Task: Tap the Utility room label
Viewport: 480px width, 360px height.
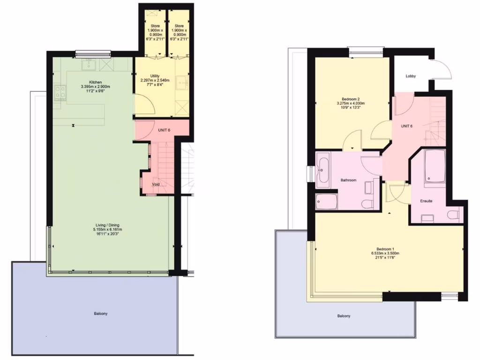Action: click(x=155, y=75)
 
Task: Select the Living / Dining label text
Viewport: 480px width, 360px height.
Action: click(x=107, y=225)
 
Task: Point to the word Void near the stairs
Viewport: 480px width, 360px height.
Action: click(x=156, y=184)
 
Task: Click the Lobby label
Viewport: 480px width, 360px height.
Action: click(x=411, y=76)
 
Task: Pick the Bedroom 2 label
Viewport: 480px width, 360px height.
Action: click(x=351, y=99)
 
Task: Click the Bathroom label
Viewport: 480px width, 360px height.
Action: click(x=348, y=180)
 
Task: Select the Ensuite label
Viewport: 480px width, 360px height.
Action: click(x=426, y=201)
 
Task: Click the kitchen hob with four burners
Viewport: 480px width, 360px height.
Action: click(x=60, y=92)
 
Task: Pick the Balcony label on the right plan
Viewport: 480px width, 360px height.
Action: click(x=344, y=316)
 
